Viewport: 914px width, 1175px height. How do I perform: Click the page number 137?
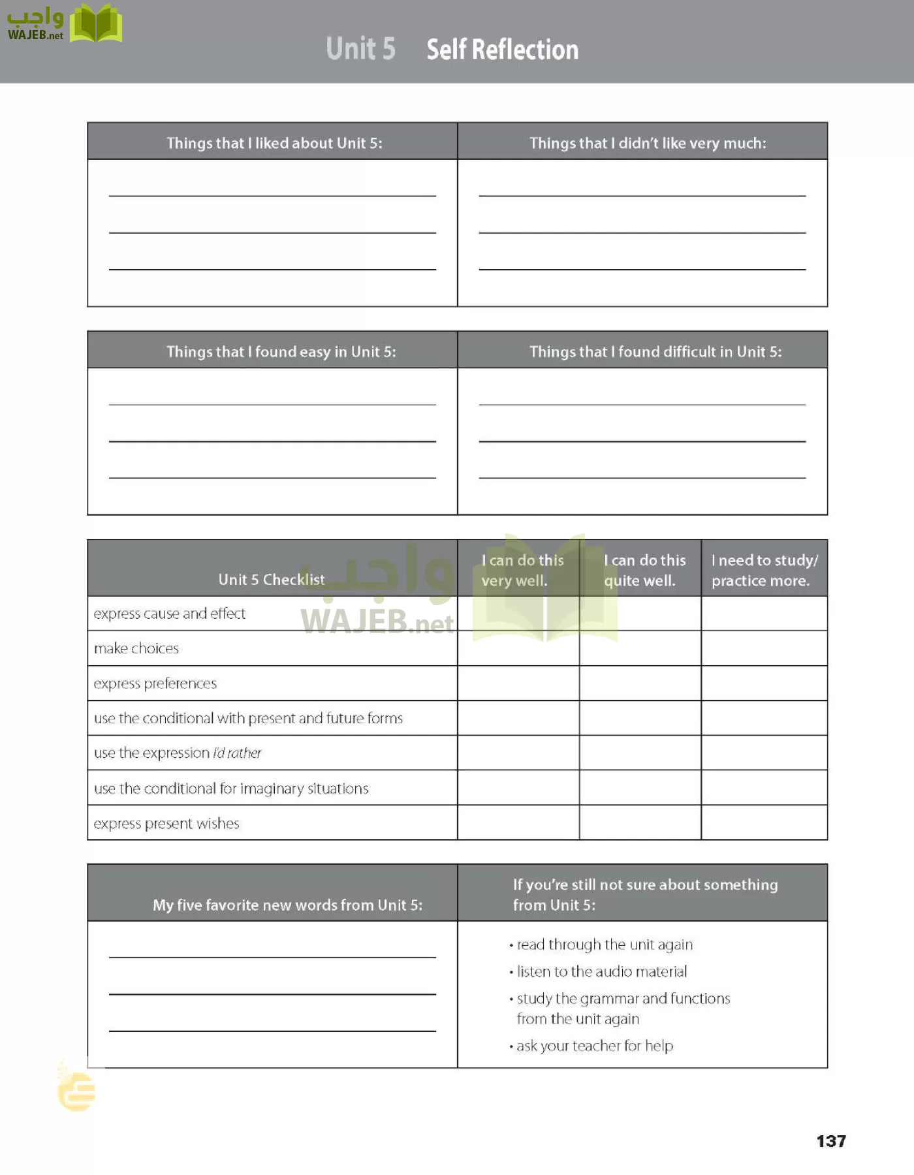830,1141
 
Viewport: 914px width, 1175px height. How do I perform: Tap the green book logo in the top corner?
96,24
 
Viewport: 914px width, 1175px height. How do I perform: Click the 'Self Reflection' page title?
502,50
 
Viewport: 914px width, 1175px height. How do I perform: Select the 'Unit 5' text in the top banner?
360,49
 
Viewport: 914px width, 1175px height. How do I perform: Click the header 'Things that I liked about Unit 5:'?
274,143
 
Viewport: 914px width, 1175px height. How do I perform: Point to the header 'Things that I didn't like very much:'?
647,143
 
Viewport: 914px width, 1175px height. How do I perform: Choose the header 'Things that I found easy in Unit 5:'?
281,352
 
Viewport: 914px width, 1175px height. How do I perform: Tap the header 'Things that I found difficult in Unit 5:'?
655,352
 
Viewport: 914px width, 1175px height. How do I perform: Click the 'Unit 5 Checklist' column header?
271,579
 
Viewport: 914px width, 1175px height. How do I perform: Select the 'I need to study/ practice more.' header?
764,570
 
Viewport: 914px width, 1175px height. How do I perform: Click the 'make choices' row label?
136,648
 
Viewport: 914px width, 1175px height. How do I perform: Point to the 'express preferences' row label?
155,683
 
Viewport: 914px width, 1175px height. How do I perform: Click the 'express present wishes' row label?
166,823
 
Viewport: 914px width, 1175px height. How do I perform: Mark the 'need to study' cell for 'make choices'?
764,648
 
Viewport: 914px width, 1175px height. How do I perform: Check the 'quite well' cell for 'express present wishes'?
640,822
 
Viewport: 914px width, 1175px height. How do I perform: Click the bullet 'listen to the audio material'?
601,971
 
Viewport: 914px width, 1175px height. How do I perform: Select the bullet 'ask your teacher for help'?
594,1046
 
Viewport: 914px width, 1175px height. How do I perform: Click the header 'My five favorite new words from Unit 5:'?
287,905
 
